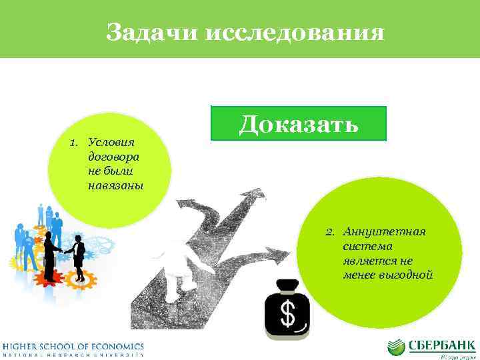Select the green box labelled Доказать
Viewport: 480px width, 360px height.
pos(298,123)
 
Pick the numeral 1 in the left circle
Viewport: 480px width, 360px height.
pos(73,143)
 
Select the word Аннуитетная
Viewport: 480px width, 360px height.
pos(384,231)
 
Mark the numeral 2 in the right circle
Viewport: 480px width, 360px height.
pos(329,231)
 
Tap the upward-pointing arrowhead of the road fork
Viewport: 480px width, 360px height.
pos(254,194)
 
